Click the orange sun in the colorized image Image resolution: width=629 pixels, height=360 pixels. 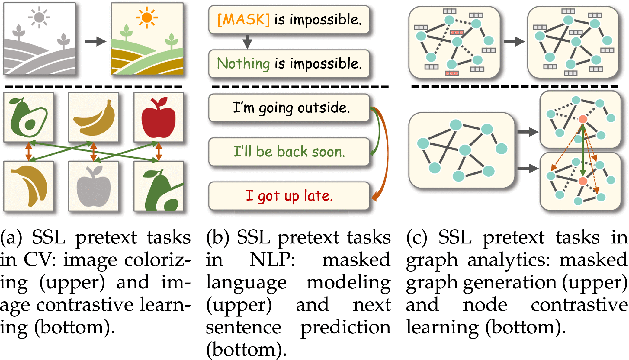coord(147,18)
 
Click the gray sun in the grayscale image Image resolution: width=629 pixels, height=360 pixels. coord(39,18)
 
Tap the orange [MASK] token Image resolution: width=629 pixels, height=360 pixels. coord(243,20)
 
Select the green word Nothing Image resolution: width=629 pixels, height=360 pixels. coord(243,64)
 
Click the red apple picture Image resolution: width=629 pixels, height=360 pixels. coord(159,117)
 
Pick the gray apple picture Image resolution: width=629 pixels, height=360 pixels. coord(94,186)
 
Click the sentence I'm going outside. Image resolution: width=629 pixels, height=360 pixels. coord(291,108)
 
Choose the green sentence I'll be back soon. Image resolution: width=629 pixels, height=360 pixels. coord(289,152)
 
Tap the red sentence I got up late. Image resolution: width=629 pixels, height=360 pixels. coord(289,196)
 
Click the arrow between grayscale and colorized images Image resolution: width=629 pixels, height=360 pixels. coord(95,41)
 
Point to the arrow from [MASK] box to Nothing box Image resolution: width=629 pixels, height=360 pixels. coord(247,42)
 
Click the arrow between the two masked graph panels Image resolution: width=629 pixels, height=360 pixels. coord(514,41)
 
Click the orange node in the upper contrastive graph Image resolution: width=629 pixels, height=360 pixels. coord(583,119)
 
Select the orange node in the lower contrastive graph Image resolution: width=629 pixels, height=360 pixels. coord(583,181)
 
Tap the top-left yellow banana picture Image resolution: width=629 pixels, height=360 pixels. coord(94,117)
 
